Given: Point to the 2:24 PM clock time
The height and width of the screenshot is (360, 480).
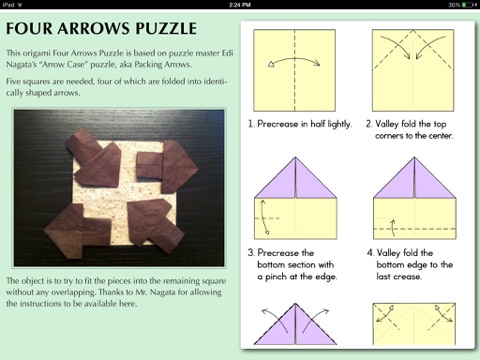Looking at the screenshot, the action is (240, 5).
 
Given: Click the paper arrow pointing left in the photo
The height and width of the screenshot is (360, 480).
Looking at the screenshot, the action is (78, 227).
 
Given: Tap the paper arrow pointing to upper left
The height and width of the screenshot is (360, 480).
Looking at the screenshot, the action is (93, 157).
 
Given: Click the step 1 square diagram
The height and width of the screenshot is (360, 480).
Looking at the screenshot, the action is (295, 70).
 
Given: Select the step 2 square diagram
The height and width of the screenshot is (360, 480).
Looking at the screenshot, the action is (413, 70).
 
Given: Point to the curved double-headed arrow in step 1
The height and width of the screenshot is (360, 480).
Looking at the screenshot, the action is (295, 59).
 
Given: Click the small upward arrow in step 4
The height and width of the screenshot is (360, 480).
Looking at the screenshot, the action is (393, 227).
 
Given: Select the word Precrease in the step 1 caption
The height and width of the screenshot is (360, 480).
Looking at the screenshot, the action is (278, 124).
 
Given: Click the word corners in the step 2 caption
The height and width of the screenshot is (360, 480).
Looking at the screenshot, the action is (389, 136).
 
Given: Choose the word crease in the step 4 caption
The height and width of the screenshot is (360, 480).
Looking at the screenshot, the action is (408, 277).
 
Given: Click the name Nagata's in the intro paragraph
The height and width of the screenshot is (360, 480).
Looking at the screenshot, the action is (22, 64).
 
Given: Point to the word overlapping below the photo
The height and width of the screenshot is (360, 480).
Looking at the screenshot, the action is (73, 292).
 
